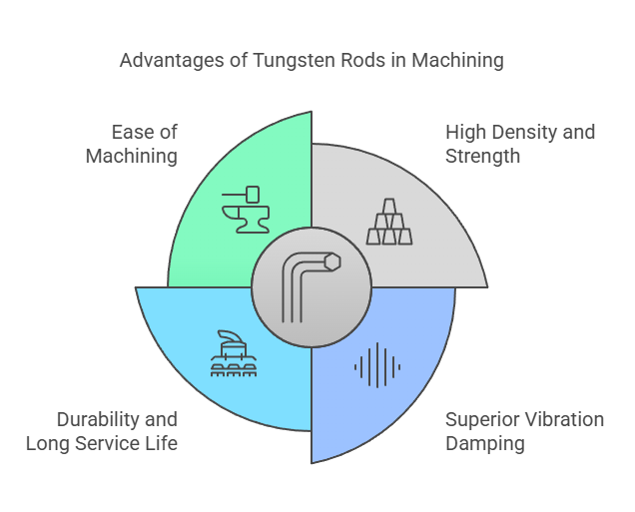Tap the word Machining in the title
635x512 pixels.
point(457,61)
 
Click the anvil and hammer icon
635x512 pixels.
point(246,210)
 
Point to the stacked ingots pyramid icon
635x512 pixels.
point(389,222)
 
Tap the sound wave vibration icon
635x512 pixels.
point(377,365)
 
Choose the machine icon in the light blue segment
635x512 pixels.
point(234,353)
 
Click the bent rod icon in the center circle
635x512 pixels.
point(312,287)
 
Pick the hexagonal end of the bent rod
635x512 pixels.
point(332,261)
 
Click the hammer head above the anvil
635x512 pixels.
point(253,195)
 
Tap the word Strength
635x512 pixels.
point(482,157)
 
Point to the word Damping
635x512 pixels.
point(485,443)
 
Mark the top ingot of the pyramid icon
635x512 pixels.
point(389,206)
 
